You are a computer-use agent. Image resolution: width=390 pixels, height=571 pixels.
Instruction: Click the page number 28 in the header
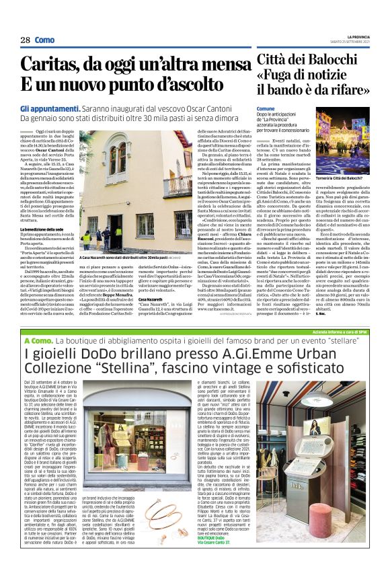(x=26, y=40)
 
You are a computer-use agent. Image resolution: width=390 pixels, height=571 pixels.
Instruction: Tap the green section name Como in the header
(x=45, y=40)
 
